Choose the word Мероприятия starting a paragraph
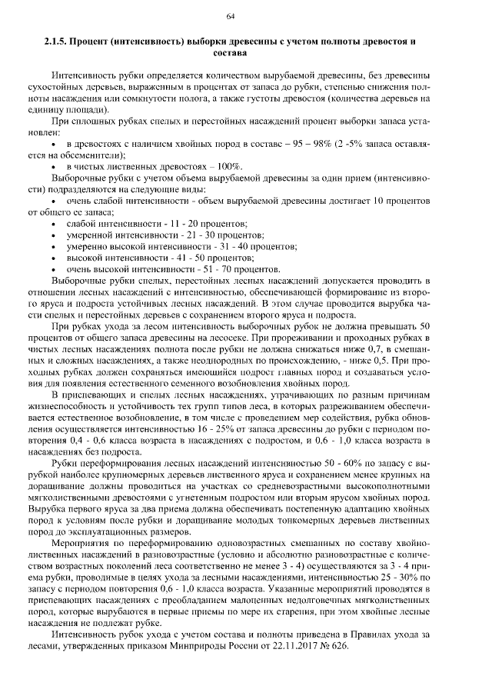83,543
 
